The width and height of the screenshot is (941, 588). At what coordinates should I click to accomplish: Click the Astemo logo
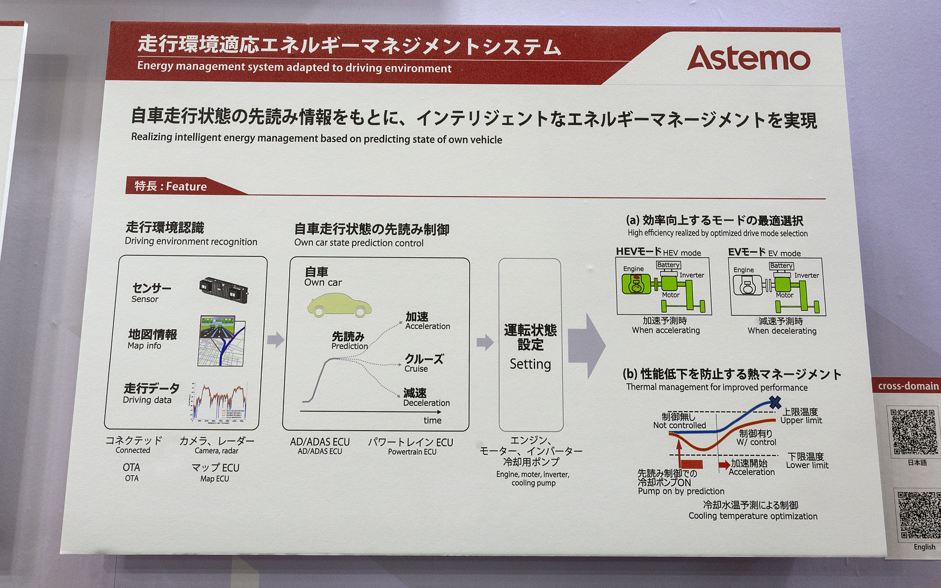(x=748, y=59)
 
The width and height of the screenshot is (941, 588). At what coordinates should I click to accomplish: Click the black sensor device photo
(x=223, y=290)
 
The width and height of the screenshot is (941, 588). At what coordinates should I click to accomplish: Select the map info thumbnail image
(x=222, y=341)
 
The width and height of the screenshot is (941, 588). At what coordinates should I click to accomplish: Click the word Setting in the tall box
(x=530, y=364)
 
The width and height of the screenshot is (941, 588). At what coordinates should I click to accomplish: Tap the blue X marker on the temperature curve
(x=775, y=402)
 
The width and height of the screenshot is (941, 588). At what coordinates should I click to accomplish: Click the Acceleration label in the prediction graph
(x=427, y=326)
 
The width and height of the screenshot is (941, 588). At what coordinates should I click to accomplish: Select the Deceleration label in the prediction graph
(x=426, y=403)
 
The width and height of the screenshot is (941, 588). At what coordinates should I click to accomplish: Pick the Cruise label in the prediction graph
(x=416, y=369)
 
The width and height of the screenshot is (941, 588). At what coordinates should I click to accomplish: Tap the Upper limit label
(x=801, y=420)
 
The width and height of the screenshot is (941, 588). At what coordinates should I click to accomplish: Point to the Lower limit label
(x=807, y=465)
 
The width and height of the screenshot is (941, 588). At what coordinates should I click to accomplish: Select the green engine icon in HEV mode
(x=636, y=284)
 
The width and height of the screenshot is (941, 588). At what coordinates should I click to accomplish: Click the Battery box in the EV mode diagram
(x=781, y=266)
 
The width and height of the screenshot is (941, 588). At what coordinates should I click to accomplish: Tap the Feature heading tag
(x=171, y=186)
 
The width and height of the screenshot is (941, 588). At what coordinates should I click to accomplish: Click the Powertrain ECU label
(x=412, y=452)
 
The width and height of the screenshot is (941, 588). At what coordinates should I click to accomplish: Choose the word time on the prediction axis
(x=432, y=420)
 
